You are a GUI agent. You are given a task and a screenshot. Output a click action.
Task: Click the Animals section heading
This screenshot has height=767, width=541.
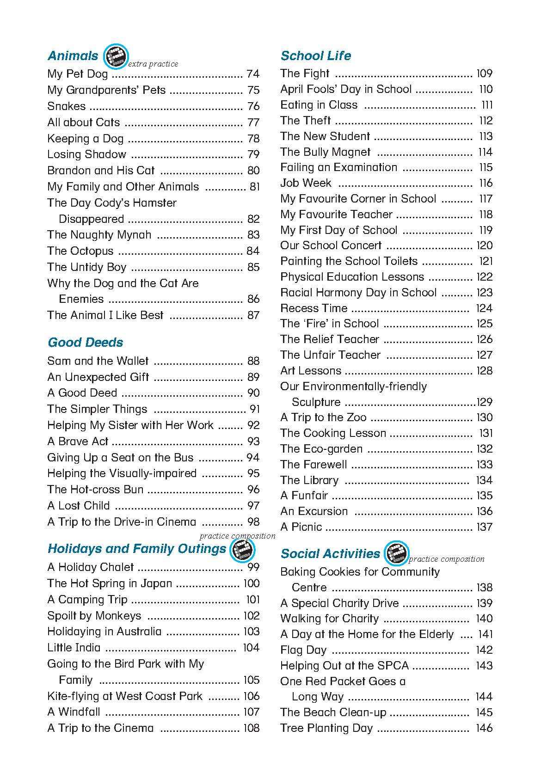[x=73, y=56]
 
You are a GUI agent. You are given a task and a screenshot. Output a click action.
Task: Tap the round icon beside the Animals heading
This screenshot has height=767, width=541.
[x=114, y=56]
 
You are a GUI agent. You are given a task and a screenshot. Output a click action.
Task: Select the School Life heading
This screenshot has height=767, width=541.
[x=315, y=56]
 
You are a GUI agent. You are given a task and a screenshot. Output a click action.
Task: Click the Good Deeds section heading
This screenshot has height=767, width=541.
[x=86, y=343]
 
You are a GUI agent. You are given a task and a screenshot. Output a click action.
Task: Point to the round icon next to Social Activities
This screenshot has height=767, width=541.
[x=397, y=553]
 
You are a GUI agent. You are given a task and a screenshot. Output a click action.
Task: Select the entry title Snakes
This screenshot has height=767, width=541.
[x=66, y=106]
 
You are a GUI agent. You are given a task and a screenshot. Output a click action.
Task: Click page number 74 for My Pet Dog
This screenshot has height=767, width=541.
[x=253, y=74]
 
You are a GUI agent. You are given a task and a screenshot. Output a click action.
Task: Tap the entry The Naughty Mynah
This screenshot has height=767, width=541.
[x=99, y=235]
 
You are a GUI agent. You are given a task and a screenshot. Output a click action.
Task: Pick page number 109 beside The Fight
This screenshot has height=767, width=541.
[x=484, y=74]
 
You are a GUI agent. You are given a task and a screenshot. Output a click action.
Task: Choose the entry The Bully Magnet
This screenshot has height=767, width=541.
[x=325, y=152]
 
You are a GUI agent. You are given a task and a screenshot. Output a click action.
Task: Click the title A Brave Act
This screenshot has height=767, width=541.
[x=78, y=442]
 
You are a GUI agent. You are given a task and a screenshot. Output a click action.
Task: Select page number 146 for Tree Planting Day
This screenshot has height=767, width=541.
[x=484, y=728]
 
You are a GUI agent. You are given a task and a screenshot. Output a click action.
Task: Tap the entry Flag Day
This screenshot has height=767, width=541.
[x=303, y=650]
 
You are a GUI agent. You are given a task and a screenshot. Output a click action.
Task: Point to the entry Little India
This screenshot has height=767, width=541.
[x=74, y=648]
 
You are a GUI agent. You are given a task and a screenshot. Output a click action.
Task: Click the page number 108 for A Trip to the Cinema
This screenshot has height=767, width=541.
[x=251, y=728]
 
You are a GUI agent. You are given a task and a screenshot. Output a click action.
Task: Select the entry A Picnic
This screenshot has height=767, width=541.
[x=301, y=527]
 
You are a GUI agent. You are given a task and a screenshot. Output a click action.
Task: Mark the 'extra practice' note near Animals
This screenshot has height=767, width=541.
[x=153, y=64]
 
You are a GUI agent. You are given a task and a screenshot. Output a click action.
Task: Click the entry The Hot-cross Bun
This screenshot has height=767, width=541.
[x=95, y=490]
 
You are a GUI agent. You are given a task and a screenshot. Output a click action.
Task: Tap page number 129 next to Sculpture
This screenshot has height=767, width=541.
[x=484, y=402]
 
